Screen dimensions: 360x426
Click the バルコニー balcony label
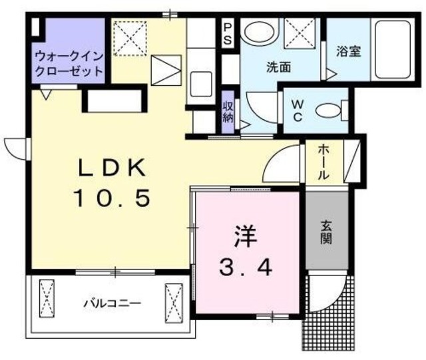pos(112,303)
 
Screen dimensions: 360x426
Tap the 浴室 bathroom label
pos(348,51)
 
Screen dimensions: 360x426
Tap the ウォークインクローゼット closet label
pos(69,62)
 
